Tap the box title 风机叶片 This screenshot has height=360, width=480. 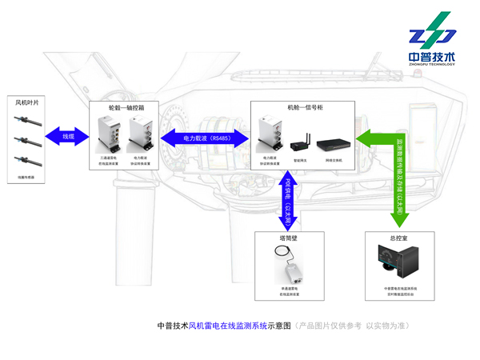pos(26,102)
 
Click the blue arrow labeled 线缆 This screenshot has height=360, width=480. pos(69,137)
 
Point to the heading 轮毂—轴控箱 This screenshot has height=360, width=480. pos(122,106)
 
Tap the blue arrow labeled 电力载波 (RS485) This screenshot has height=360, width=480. pos(206,138)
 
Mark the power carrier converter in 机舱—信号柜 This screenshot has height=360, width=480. pos(269,134)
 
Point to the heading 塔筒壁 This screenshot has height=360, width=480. pos(289,238)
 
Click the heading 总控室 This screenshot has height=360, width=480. pos(398,238)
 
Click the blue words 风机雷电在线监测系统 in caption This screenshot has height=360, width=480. pos(227,326)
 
